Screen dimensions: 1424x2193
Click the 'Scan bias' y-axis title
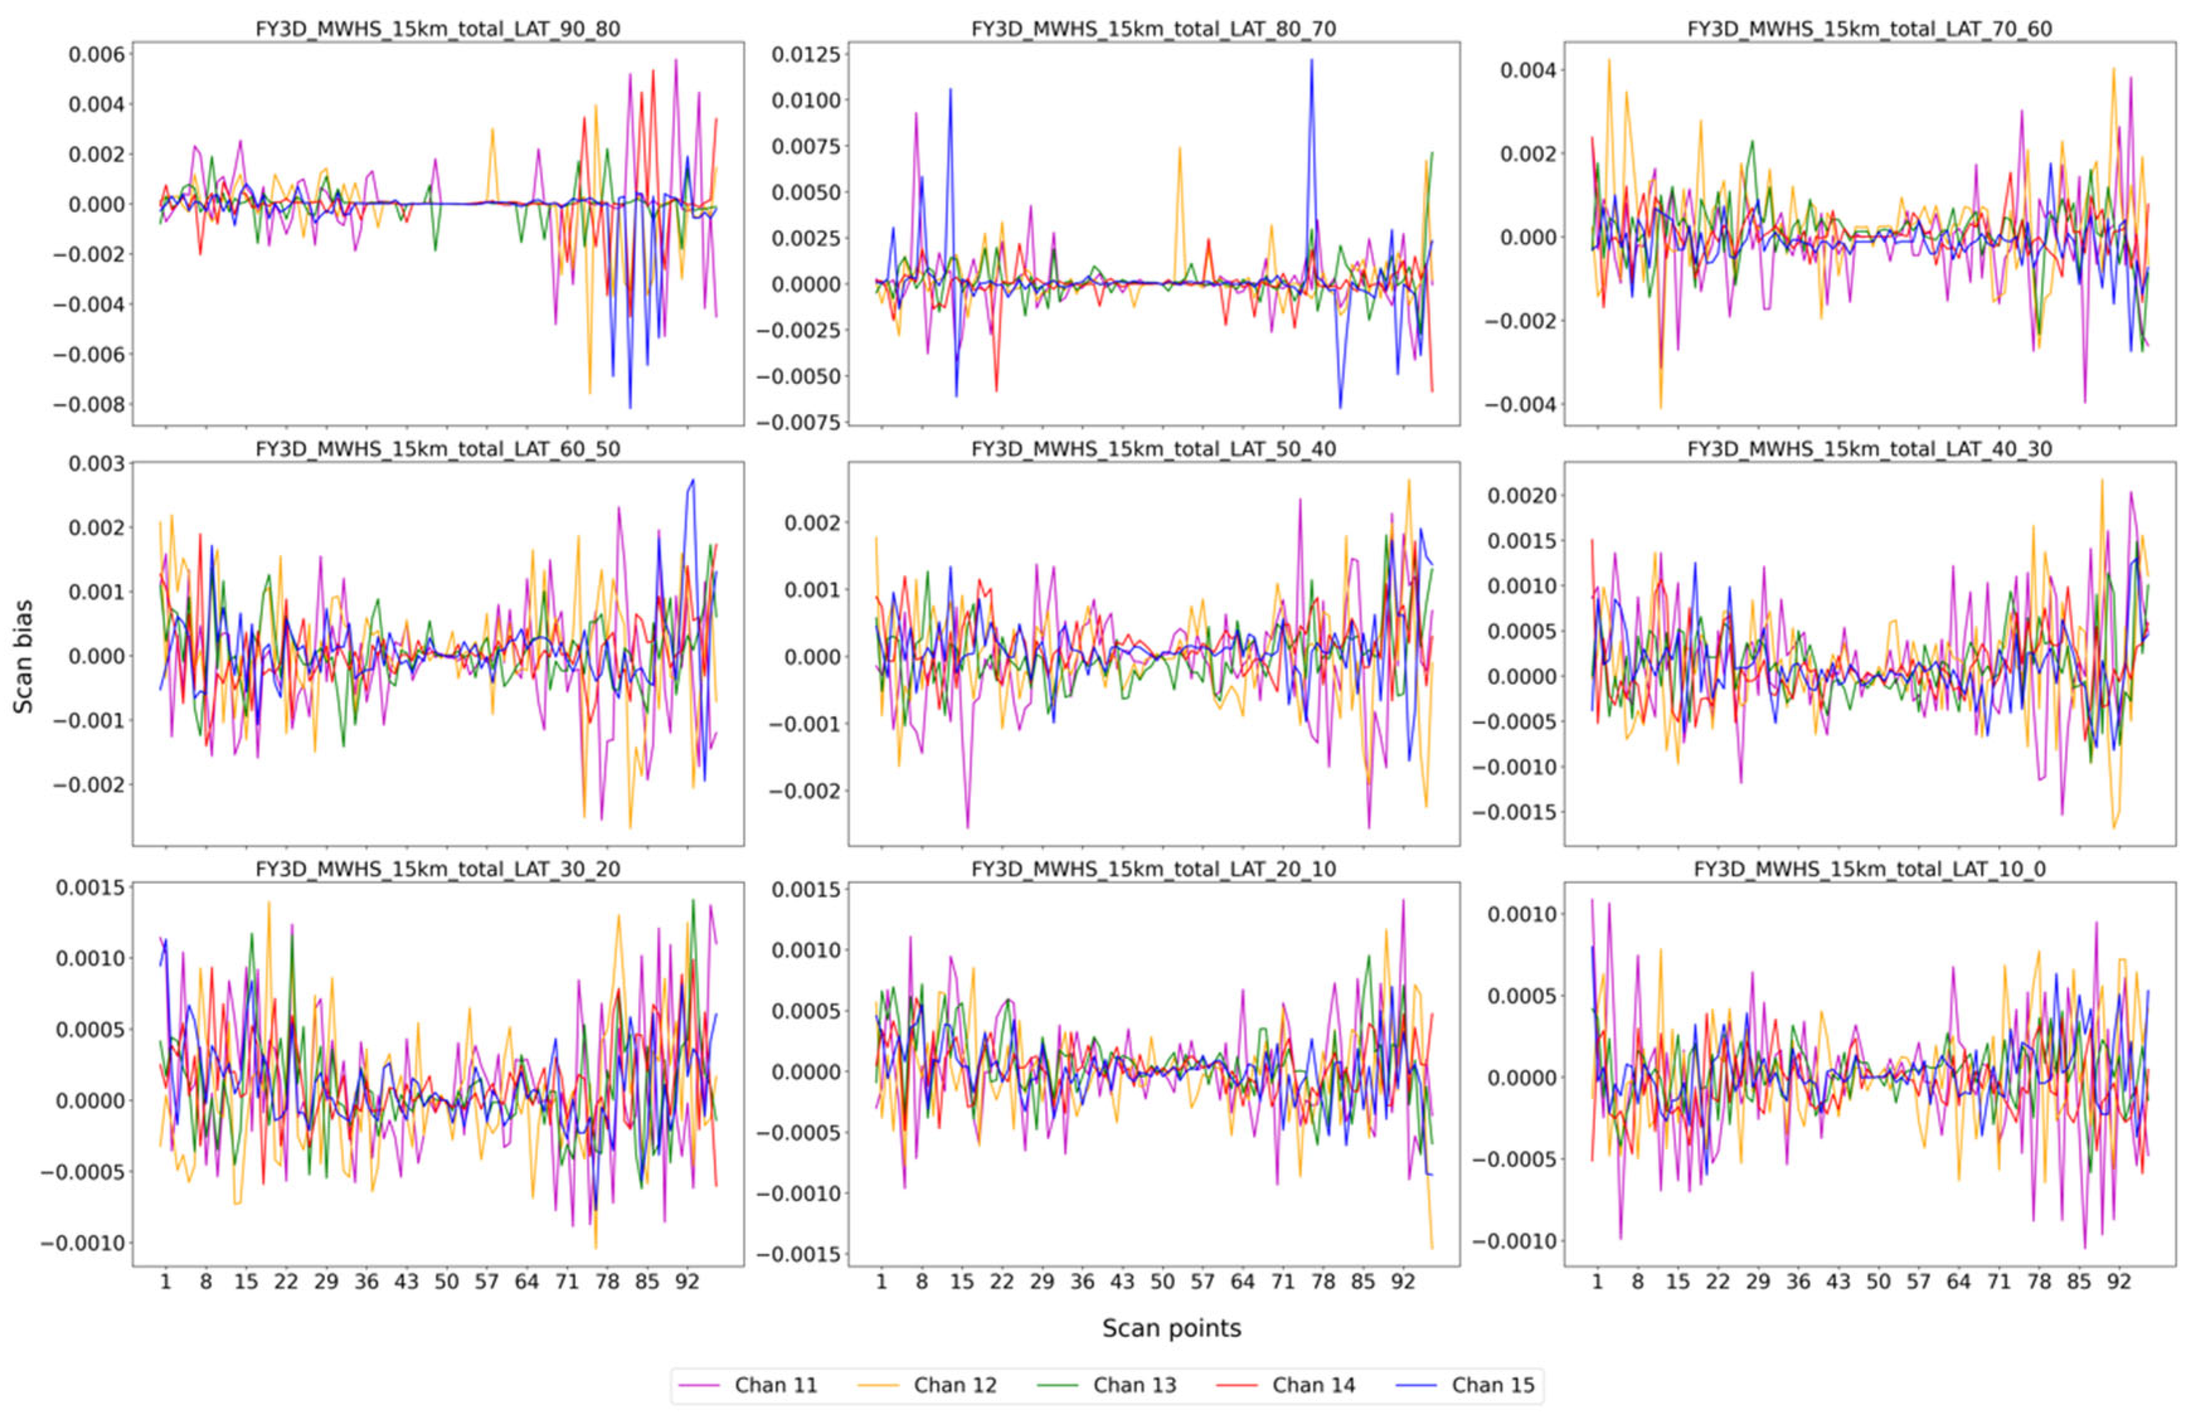(x=23, y=655)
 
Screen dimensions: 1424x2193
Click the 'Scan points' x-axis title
(x=1171, y=1328)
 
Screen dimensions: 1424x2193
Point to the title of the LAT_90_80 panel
(x=437, y=28)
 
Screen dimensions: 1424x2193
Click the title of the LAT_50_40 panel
(x=1154, y=449)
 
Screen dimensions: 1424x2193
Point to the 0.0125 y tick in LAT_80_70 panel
(x=805, y=54)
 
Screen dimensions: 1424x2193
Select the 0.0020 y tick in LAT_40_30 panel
(x=1521, y=496)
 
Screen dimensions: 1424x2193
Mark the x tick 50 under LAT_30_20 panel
(x=446, y=1282)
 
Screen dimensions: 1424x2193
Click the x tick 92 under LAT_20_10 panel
(x=1402, y=1282)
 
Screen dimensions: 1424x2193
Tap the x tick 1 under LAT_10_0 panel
(x=1597, y=1282)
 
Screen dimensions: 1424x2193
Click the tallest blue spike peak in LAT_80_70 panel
(x=1311, y=60)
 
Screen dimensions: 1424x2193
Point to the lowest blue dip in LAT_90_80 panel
(x=630, y=407)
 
